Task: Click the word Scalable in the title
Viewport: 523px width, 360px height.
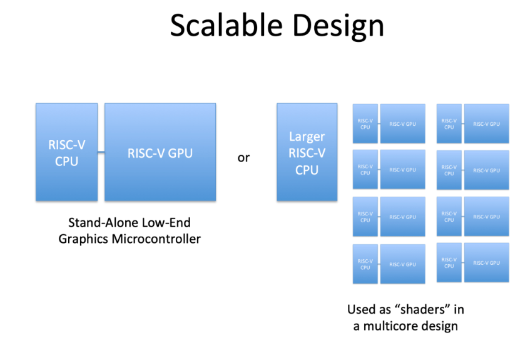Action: [x=213, y=26]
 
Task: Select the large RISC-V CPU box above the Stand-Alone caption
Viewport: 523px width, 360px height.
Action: [x=66, y=152]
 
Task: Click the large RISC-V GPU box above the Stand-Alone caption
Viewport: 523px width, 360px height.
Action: [x=160, y=152]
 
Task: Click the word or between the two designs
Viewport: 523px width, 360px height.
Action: [x=243, y=158]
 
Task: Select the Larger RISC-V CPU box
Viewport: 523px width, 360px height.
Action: [x=307, y=152]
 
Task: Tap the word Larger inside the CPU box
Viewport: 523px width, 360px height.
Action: [x=307, y=136]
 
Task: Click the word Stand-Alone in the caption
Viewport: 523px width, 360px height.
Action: [x=99, y=223]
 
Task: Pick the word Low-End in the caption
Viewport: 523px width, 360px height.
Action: [x=167, y=223]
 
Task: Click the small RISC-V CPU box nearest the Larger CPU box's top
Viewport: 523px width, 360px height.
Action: [x=365, y=124]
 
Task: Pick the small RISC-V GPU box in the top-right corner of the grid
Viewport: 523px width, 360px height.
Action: [x=486, y=124]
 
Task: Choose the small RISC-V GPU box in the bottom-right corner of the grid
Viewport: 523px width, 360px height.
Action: [x=486, y=263]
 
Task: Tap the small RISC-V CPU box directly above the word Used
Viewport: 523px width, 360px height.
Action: [x=365, y=264]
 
